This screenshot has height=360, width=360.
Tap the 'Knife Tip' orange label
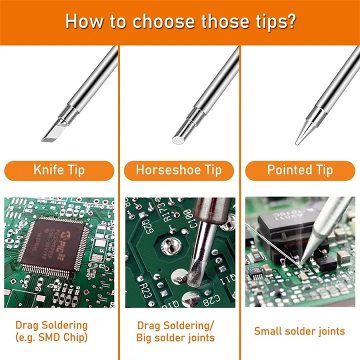pyautogui.click(x=59, y=170)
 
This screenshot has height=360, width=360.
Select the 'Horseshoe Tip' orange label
pyautogui.click(x=179, y=170)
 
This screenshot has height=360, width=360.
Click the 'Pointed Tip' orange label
pyautogui.click(x=299, y=170)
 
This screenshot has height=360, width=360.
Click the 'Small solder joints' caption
pyautogui.click(x=299, y=331)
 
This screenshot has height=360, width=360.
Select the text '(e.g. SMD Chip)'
pyautogui.click(x=51, y=337)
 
